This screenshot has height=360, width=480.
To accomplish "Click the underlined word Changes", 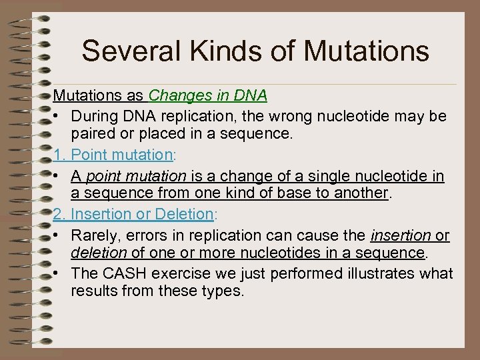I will tap(175, 96).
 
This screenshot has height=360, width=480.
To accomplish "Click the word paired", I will tap(91, 135).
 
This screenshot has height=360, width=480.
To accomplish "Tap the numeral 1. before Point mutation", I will tap(60, 155).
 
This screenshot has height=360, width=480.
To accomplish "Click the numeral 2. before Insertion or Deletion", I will tap(60, 214).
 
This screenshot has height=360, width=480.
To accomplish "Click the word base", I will tap(309, 194).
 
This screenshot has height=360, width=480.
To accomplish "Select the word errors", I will tap(144, 235).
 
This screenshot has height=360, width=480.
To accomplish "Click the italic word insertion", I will tap(399, 235).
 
